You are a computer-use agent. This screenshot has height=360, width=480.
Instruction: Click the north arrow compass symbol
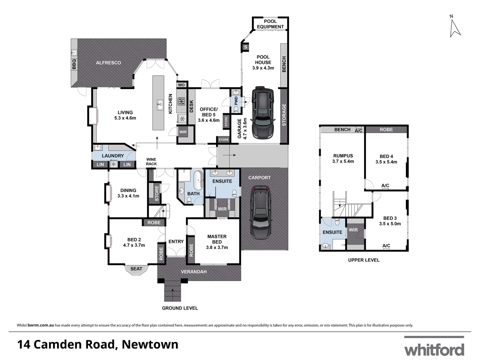[455, 28]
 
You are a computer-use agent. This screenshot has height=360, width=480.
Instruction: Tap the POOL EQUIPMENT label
[270, 24]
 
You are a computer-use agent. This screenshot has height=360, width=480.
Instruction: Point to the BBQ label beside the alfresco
[74, 64]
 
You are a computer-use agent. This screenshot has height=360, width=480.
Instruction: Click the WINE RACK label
[151, 162]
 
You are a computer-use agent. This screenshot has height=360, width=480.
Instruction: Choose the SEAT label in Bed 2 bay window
[136, 269]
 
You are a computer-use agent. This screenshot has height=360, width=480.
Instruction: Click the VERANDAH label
[194, 272]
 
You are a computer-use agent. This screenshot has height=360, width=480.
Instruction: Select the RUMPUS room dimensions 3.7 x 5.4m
[343, 161]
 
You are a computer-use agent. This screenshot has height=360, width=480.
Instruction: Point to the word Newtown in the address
[150, 344]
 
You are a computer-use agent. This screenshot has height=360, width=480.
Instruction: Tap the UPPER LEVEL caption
[364, 260]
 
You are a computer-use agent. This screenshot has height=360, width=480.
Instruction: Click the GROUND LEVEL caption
[180, 308]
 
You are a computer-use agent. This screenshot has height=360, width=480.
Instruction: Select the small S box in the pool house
[246, 47]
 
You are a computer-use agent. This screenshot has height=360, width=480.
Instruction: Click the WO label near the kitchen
[181, 85]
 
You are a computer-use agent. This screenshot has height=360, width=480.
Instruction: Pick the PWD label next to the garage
[236, 101]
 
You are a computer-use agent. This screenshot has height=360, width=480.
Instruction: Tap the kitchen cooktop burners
[181, 101]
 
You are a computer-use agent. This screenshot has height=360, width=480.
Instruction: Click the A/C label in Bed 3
[386, 246]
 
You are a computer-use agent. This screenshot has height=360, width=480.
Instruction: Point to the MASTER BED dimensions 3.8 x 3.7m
[217, 247]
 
